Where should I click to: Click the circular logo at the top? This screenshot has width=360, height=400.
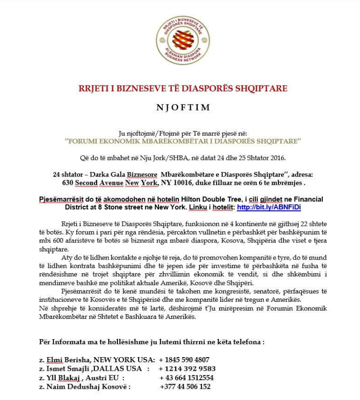[183, 40]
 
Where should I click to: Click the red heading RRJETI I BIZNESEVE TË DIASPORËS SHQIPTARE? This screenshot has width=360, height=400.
[183, 89]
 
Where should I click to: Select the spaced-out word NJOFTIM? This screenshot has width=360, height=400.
[183, 108]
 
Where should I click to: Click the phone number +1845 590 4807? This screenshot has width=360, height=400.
[184, 359]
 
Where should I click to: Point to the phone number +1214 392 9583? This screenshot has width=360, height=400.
[187, 368]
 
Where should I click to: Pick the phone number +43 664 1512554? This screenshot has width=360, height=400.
[186, 378]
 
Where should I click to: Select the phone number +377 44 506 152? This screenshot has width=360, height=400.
[185, 387]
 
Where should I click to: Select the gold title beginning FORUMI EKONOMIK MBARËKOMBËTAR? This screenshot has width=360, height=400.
[183, 141]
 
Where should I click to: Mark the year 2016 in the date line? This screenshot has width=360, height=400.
[277, 158]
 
